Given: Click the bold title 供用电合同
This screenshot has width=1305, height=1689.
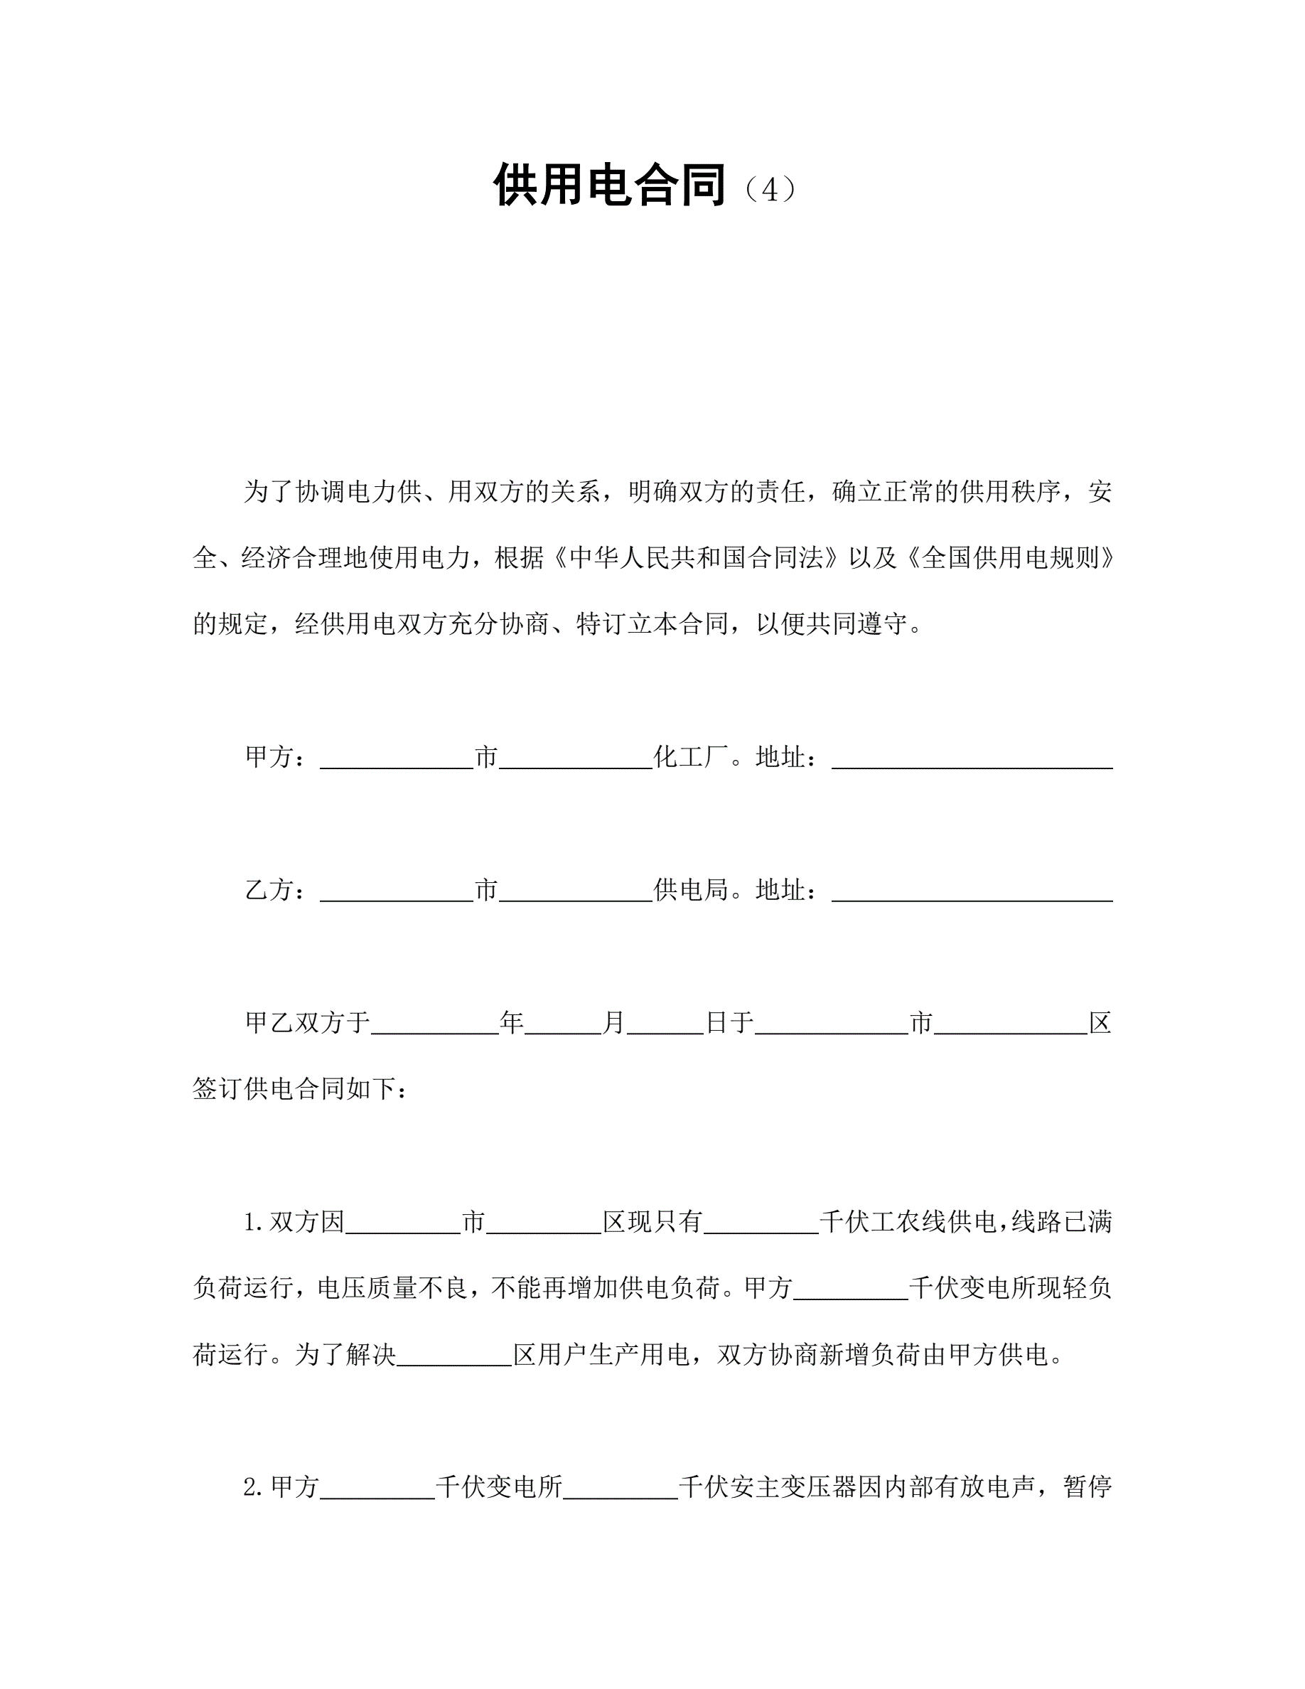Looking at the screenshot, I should (x=609, y=186).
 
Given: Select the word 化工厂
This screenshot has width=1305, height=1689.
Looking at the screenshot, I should (x=691, y=757).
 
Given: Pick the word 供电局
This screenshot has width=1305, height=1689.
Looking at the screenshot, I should (x=691, y=890).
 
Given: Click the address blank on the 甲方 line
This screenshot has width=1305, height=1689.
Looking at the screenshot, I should (x=972, y=759).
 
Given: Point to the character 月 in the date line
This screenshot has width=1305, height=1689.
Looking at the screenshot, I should (x=614, y=1023).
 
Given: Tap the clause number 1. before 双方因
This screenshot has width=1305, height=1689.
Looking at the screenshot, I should (x=254, y=1223).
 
